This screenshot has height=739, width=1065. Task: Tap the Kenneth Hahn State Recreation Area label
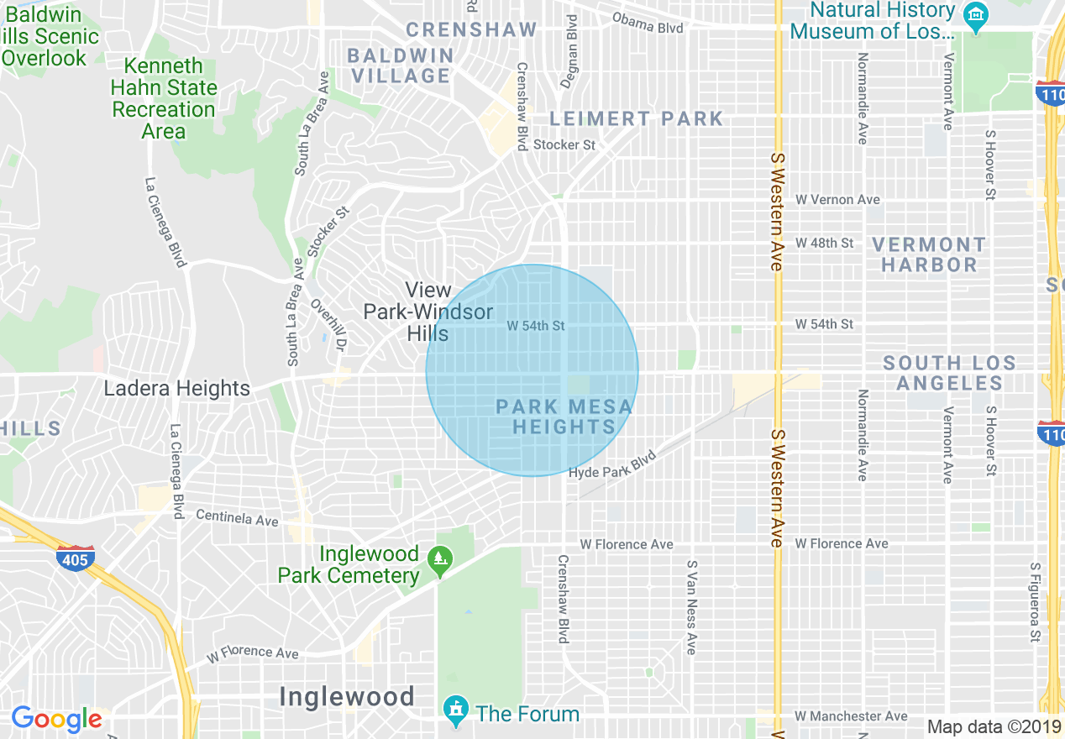pyautogui.click(x=164, y=98)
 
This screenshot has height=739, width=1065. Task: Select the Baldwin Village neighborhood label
pyautogui.click(x=401, y=66)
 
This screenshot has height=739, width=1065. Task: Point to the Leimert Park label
pyautogui.click(x=636, y=118)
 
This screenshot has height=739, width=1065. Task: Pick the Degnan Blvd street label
pyautogui.click(x=571, y=50)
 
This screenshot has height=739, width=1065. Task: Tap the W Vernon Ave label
pyautogui.click(x=837, y=200)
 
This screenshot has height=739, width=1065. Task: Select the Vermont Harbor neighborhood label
pyautogui.click(x=928, y=254)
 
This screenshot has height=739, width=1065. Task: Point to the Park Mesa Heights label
pyautogui.click(x=564, y=417)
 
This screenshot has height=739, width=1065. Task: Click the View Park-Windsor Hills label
pyautogui.click(x=428, y=312)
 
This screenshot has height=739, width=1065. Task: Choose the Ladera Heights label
pyautogui.click(x=176, y=389)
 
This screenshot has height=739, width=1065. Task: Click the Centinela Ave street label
pyautogui.click(x=237, y=517)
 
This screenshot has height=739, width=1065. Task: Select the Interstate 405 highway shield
pyautogui.click(x=76, y=558)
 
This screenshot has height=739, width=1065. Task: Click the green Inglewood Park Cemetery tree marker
pyautogui.click(x=439, y=559)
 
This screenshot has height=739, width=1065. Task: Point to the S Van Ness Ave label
pyautogui.click(x=691, y=607)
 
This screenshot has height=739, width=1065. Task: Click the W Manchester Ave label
pyautogui.click(x=851, y=716)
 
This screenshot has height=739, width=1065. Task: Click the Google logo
pyautogui.click(x=56, y=720)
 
